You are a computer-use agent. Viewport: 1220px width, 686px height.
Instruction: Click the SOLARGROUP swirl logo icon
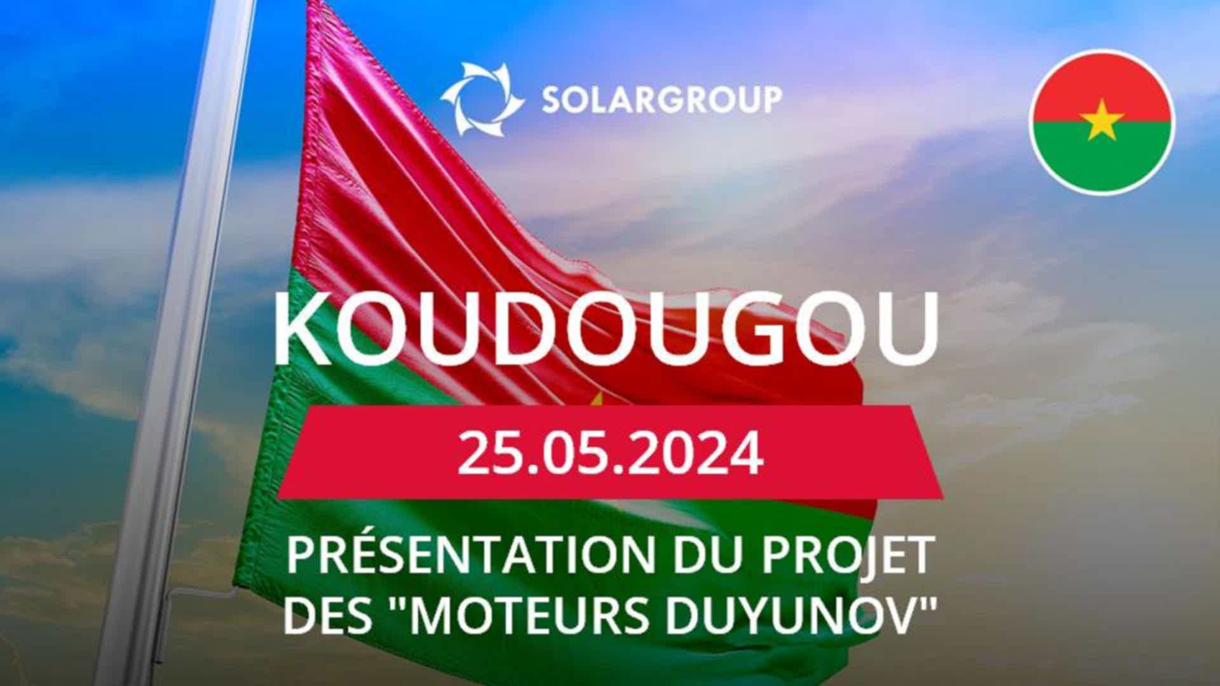tap(482, 99)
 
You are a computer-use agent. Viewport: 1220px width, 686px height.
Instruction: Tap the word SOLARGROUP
tap(661, 100)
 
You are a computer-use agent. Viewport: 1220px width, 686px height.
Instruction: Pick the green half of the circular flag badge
tap(1102, 156)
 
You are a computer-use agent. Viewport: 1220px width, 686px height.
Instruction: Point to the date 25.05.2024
tap(610, 453)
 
